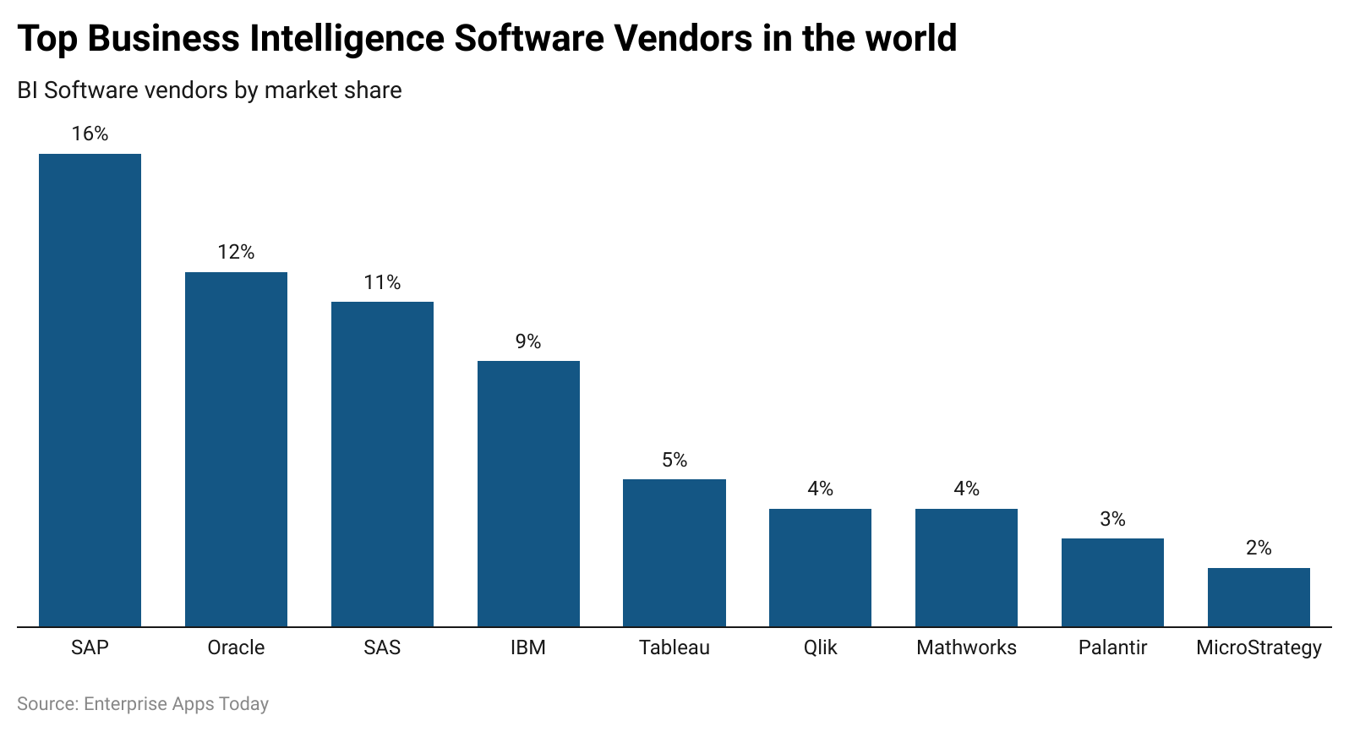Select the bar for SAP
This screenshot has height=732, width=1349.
(90, 390)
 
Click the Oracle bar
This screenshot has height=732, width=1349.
(236, 449)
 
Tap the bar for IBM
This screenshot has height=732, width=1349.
(528, 494)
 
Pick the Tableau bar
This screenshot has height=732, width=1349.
(674, 553)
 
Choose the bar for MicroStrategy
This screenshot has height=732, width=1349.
(1258, 597)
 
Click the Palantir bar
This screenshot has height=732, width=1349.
(1112, 582)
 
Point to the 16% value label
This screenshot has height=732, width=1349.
(90, 134)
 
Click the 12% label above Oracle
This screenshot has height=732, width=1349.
(236, 252)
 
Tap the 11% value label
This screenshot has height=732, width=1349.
(382, 282)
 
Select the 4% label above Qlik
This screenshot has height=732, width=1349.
(820, 489)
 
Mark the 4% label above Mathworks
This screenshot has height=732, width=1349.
(966, 489)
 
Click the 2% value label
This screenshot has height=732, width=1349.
(1258, 548)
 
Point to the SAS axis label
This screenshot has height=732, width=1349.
(382, 647)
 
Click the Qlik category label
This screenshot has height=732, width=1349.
(820, 647)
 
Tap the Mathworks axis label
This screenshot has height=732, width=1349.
(966, 647)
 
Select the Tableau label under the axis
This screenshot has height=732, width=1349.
(674, 647)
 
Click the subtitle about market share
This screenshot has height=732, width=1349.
(210, 90)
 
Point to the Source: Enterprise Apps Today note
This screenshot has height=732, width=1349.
(143, 703)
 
